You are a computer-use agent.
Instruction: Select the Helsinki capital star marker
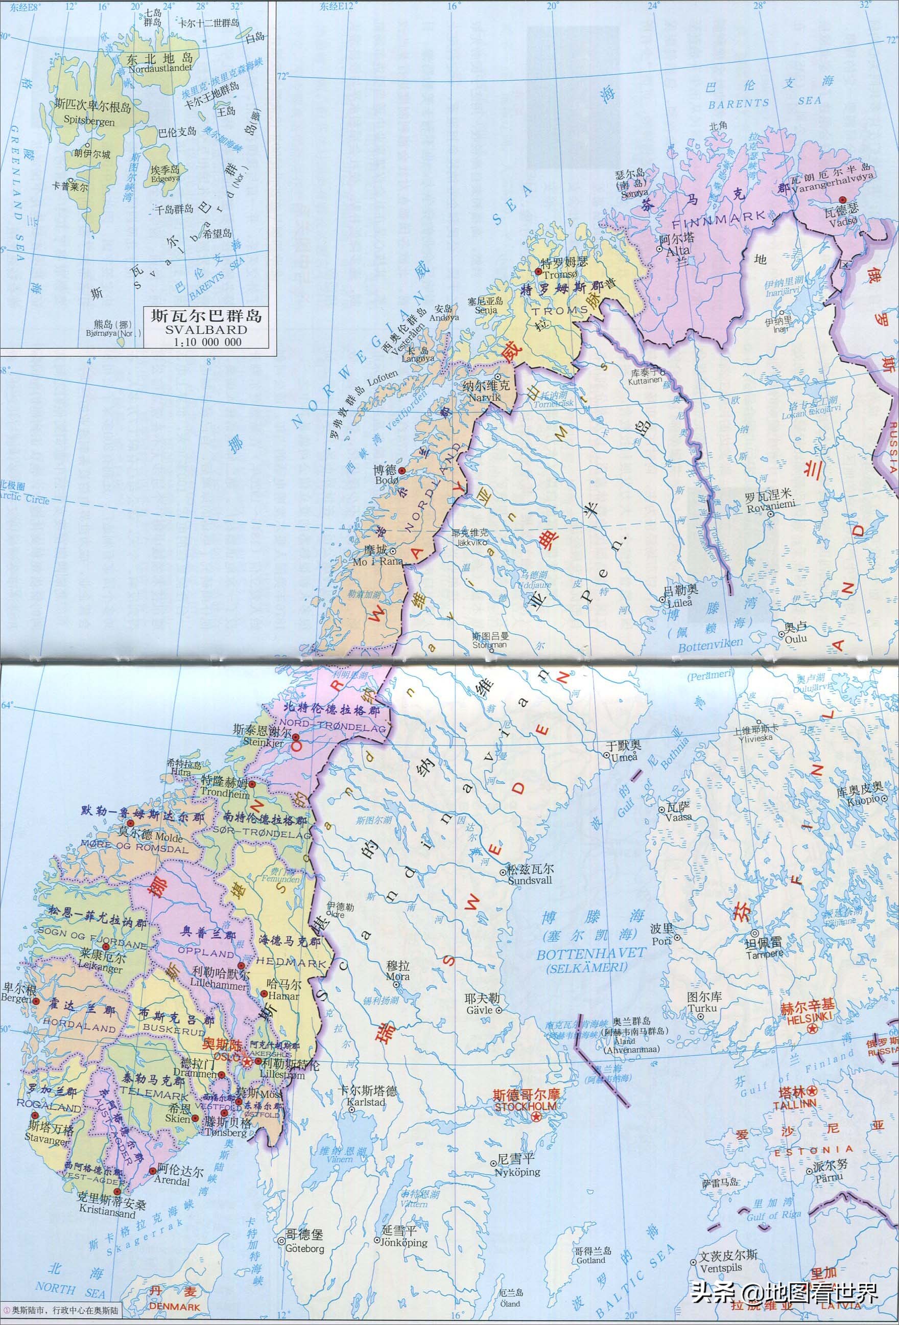pos(813,1028)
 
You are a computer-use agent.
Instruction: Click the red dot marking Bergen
pos(36,1001)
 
